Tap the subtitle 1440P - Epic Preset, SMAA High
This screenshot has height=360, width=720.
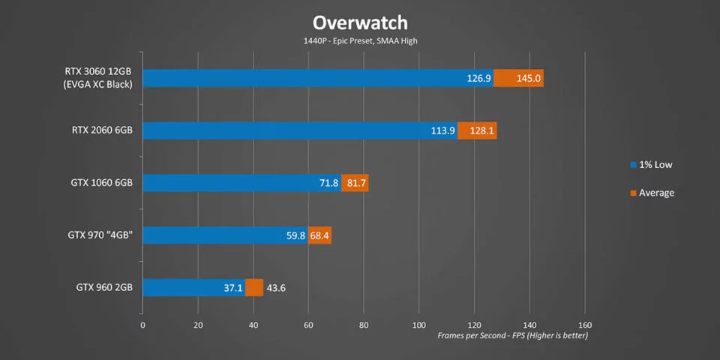(360, 40)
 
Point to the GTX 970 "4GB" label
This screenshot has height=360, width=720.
(100, 235)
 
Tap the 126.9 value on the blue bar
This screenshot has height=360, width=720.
(478, 78)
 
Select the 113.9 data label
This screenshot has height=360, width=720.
(443, 130)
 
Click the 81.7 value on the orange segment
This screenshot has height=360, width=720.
(355, 183)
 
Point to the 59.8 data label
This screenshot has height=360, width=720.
(295, 235)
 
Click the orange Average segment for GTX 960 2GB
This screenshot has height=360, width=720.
(254, 288)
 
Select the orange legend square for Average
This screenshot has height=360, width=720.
(633, 193)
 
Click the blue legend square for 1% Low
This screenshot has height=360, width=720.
(633, 164)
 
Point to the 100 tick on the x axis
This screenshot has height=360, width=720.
(418, 325)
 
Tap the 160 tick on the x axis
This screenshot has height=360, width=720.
(585, 325)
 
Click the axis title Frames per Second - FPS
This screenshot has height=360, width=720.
(513, 335)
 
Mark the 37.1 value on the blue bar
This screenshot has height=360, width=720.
(232, 288)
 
